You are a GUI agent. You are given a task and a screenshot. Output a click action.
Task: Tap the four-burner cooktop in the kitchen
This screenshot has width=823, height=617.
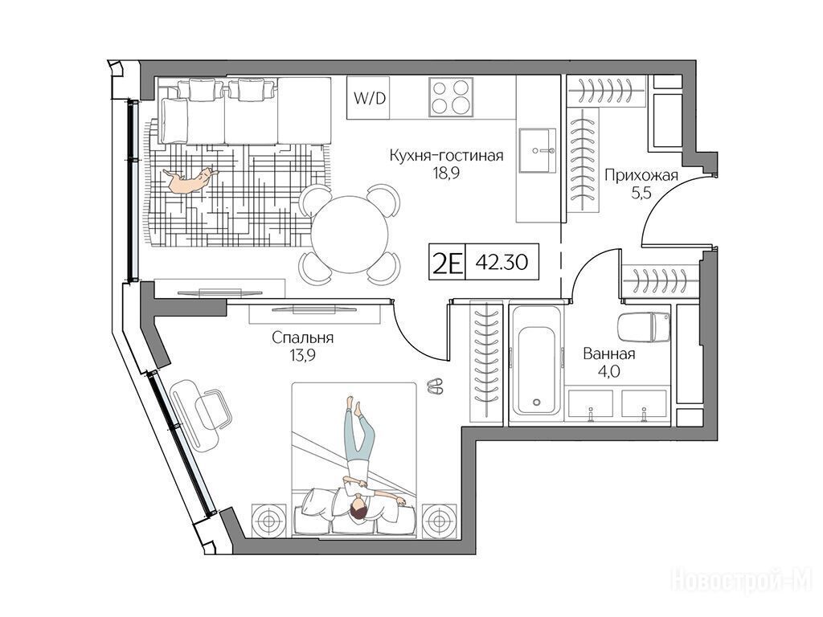pos(451,96)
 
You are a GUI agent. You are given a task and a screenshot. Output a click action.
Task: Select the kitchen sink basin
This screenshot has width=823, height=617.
pos(538,150)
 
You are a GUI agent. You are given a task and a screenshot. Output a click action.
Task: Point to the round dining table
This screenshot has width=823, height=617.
pos(350,235)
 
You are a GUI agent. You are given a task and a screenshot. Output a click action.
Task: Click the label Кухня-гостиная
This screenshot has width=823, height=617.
pos(446,155)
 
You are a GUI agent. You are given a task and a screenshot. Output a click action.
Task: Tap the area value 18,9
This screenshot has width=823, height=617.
pos(446,174)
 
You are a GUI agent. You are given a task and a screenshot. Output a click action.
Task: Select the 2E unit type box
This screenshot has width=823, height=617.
pos(447,262)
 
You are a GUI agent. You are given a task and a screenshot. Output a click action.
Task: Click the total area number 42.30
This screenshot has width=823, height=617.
pos(502,262)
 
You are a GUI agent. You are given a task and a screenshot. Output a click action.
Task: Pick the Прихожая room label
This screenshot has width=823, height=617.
pos(641,174)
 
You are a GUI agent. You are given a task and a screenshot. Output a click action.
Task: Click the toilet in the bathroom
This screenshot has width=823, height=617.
pos(644,328)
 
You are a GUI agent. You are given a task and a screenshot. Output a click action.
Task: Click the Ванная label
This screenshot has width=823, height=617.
pos(609,354)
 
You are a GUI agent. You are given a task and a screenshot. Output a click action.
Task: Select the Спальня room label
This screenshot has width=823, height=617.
pos(303,338)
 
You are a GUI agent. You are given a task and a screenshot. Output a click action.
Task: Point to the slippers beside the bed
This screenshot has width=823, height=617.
pos(435,386)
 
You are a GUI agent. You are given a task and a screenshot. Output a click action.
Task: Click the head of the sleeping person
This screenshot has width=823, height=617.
pos(358,510)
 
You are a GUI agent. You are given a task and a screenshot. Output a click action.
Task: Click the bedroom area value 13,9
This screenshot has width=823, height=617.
pos(302,356)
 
